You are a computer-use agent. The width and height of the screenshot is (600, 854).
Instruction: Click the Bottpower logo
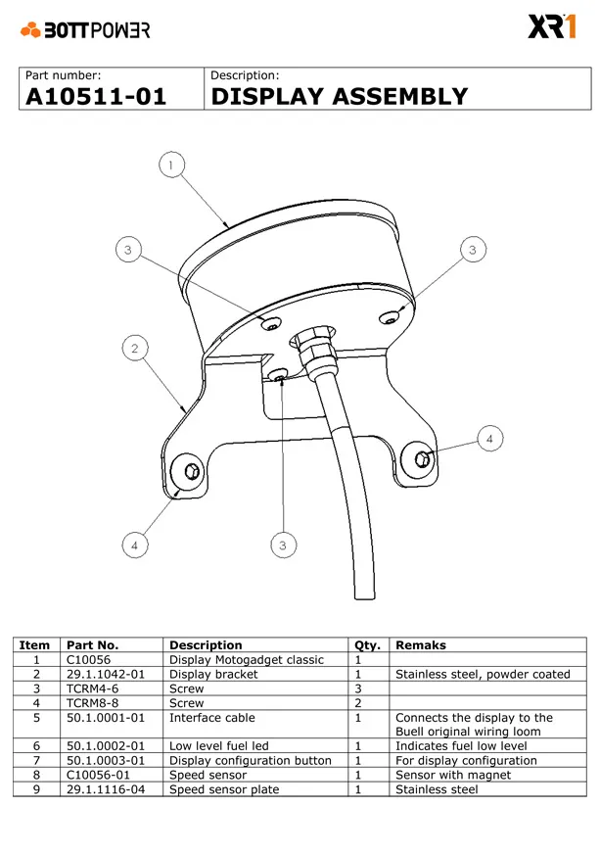85,29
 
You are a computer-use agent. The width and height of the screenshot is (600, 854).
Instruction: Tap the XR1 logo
551,26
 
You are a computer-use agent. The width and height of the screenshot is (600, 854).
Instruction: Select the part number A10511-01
96,97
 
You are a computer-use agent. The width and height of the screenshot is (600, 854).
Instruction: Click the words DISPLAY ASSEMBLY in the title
340,96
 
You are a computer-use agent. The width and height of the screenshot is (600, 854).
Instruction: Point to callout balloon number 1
171,165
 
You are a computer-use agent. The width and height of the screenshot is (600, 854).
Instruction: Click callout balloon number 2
135,348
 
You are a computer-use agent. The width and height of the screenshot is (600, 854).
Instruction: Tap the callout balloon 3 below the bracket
283,545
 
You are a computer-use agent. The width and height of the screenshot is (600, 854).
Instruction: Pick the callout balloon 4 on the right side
489,439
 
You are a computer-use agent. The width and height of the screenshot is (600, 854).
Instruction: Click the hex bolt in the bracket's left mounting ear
192,471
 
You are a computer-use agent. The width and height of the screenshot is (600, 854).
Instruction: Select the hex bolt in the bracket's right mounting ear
423,458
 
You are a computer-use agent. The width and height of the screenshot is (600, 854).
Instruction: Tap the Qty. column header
367,645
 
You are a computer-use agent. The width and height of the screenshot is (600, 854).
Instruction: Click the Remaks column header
420,645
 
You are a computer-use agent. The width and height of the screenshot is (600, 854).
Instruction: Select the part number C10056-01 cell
98,775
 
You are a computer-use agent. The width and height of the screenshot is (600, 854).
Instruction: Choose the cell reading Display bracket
213,674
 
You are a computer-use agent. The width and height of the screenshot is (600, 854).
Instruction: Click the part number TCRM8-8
93,703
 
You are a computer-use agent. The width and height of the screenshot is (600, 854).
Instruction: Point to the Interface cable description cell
211,718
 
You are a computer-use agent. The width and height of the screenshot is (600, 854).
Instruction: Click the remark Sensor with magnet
453,775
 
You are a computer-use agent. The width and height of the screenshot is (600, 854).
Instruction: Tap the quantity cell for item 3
358,688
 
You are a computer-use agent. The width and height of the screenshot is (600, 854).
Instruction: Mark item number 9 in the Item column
36,789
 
